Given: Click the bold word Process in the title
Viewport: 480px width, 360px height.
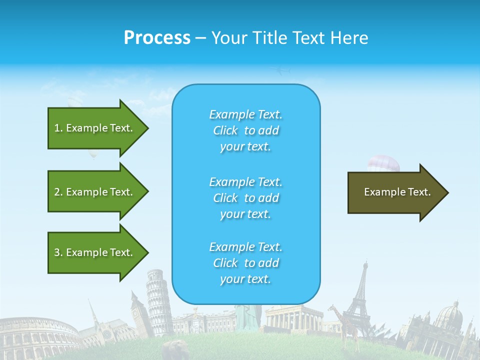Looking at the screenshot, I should (157, 38).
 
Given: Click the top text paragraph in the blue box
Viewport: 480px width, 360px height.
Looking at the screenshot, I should (245, 130).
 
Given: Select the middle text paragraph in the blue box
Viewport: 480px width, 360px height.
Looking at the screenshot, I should (245, 198).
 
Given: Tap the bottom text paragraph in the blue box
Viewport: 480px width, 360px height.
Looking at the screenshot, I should (245, 263).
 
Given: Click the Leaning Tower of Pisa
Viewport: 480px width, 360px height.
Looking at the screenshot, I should (158, 300).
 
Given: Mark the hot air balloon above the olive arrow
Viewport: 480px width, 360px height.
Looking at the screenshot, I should (383, 163).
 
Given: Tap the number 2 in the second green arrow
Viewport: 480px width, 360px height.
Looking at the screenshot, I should (57, 192).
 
